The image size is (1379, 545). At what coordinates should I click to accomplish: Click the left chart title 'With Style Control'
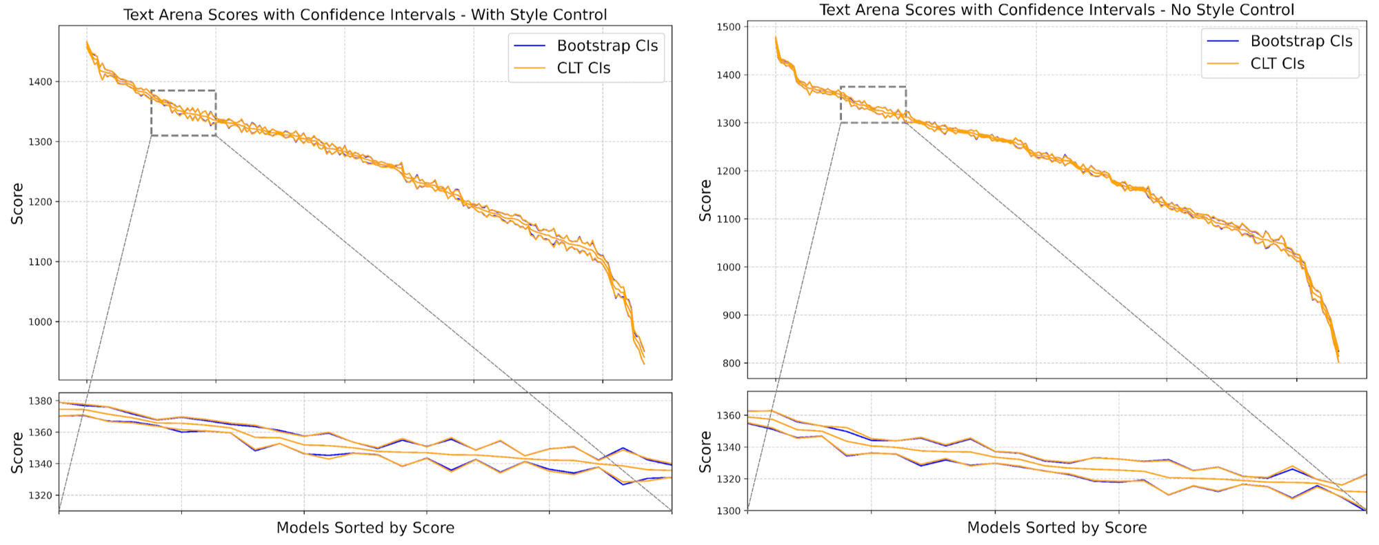(x=365, y=14)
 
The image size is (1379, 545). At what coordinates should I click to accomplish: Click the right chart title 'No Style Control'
(x=1056, y=10)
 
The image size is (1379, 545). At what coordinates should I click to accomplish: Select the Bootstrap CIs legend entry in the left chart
(x=607, y=46)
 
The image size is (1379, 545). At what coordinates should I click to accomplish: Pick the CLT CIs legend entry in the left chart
(x=583, y=68)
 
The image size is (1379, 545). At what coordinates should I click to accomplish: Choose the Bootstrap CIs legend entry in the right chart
(x=1301, y=41)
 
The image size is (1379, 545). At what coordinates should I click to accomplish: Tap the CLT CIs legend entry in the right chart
(x=1277, y=63)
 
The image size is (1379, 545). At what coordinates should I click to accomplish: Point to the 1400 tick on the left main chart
(x=41, y=82)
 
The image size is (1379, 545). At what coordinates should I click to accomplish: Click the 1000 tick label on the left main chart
(x=41, y=322)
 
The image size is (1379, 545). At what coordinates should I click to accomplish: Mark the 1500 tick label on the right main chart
(x=729, y=27)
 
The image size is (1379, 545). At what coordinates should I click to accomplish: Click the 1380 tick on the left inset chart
(x=41, y=401)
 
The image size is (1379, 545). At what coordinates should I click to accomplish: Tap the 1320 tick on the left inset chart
(x=41, y=495)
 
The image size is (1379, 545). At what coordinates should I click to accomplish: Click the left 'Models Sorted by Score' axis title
(x=365, y=528)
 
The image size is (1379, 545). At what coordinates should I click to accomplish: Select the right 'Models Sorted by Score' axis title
(x=1056, y=528)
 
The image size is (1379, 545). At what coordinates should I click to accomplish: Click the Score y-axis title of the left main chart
(x=17, y=204)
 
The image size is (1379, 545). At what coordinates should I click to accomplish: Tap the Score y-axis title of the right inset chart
(x=705, y=452)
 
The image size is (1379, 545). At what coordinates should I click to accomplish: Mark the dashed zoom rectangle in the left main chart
(x=183, y=90)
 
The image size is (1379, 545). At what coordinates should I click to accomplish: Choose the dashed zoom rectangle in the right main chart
(x=873, y=87)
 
